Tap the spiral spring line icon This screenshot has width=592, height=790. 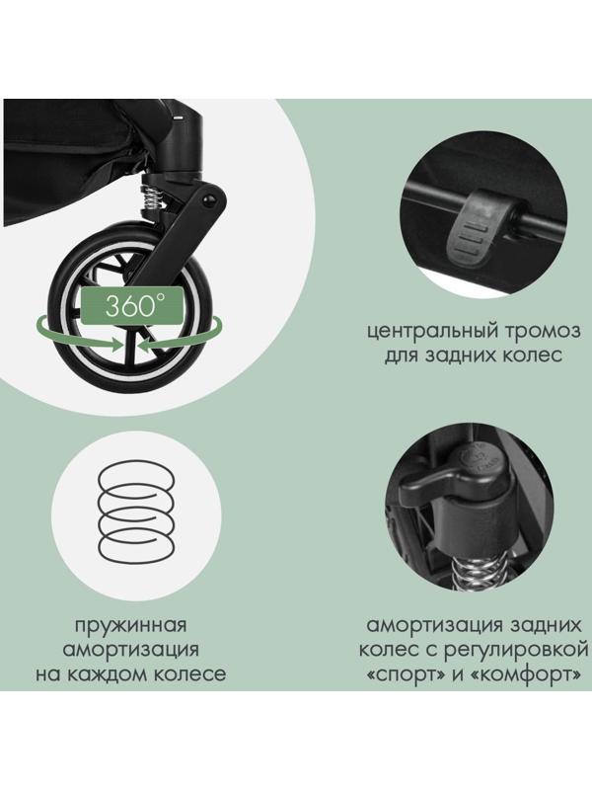pyautogui.click(x=139, y=511)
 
